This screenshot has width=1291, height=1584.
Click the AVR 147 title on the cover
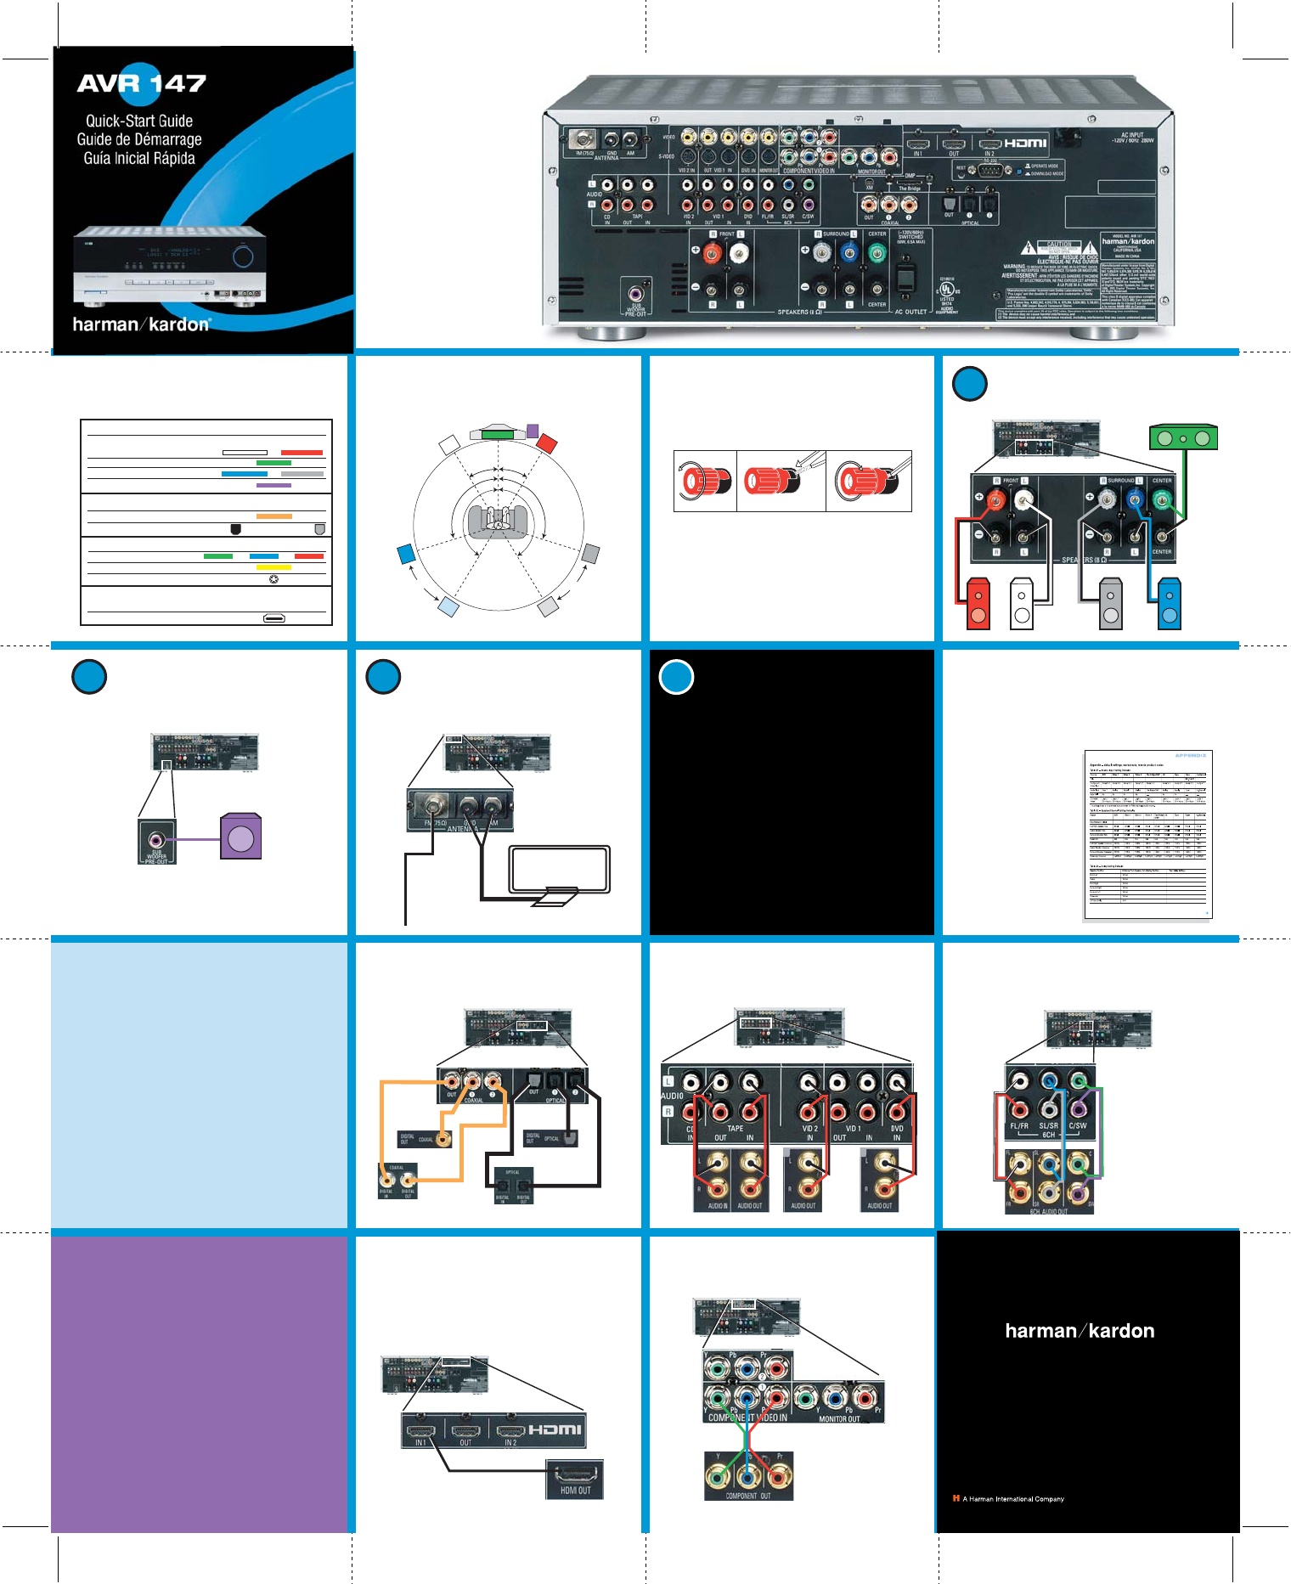pos(142,83)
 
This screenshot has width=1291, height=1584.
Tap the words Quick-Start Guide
pos(139,121)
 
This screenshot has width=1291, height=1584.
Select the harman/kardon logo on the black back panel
pos(1080,1331)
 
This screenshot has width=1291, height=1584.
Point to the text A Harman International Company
pos(1012,1499)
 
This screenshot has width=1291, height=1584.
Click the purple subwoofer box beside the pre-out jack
pos(240,837)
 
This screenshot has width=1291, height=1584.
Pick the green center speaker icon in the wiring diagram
pos(1183,438)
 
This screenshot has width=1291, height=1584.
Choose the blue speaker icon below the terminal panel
pos(1170,604)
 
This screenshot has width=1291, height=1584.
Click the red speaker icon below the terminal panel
pos(978,604)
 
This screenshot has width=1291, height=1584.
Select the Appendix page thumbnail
pos(1147,834)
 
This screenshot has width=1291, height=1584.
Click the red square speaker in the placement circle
pos(547,443)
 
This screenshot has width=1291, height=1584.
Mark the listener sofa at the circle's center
pos(499,521)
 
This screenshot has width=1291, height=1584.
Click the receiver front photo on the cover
pos(170,266)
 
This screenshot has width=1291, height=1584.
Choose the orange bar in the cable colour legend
pos(273,516)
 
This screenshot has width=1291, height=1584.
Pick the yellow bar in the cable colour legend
pos(273,567)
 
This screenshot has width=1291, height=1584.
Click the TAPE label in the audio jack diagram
pos(735,1129)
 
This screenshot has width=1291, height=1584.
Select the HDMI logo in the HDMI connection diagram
pos(555,1430)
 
